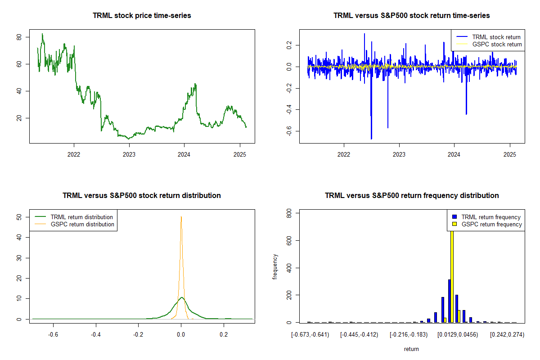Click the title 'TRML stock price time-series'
click(142, 16)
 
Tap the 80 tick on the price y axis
click(19, 37)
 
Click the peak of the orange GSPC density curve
click(181, 216)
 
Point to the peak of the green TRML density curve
click(181, 297)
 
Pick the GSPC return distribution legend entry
click(82, 224)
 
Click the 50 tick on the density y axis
click(19, 217)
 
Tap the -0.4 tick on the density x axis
click(96, 334)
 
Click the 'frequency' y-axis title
click(275, 267)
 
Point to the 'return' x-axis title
click(411, 349)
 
